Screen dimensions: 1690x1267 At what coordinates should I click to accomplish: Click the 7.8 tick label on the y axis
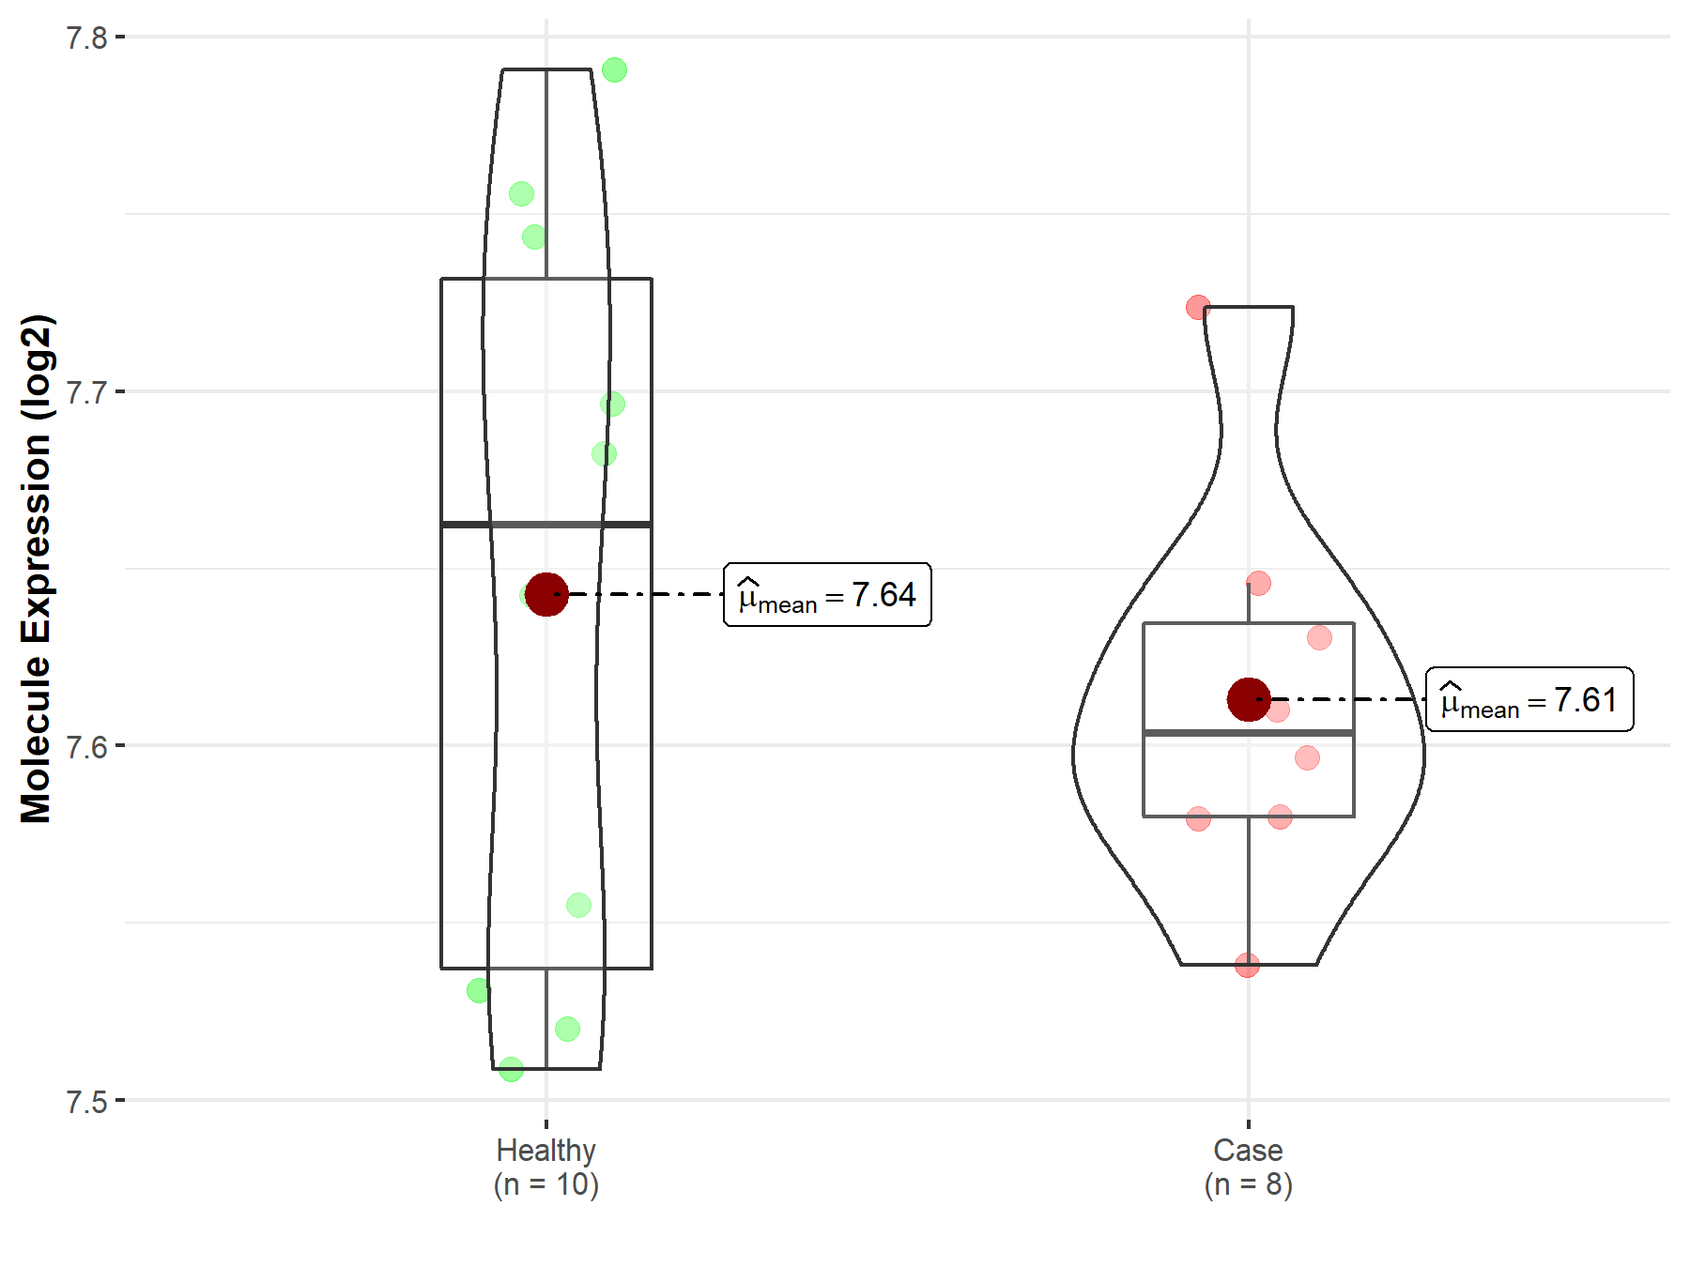[x=86, y=38]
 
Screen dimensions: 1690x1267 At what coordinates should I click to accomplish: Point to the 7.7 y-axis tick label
[x=86, y=391]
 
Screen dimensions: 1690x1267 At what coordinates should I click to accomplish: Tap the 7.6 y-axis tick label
[x=86, y=746]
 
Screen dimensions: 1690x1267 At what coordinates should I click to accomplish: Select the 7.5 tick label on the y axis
[x=86, y=1101]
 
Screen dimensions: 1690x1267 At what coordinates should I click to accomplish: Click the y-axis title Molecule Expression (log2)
[x=36, y=569]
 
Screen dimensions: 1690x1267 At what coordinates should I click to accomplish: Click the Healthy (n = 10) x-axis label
[x=546, y=1168]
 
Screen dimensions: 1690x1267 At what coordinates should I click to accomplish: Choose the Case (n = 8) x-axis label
[x=1249, y=1168]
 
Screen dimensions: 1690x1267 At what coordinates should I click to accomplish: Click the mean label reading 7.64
[x=827, y=595]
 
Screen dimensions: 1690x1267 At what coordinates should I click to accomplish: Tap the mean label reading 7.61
[x=1529, y=700]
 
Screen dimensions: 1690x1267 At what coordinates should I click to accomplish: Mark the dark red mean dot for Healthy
[x=546, y=594]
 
